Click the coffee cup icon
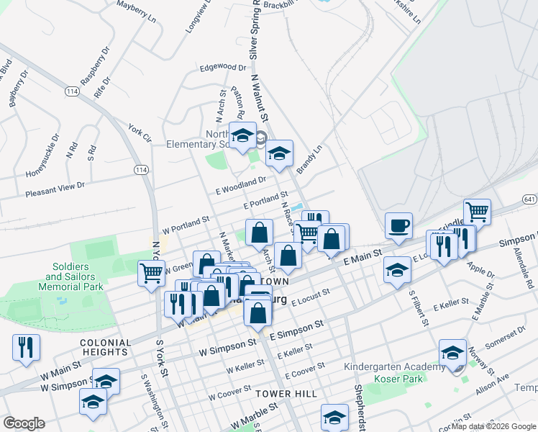(x=398, y=226)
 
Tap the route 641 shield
(x=530, y=199)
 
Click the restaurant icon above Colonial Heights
(x=26, y=348)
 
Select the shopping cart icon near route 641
(x=477, y=212)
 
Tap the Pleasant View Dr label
(x=55, y=189)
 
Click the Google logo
(x=24, y=423)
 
